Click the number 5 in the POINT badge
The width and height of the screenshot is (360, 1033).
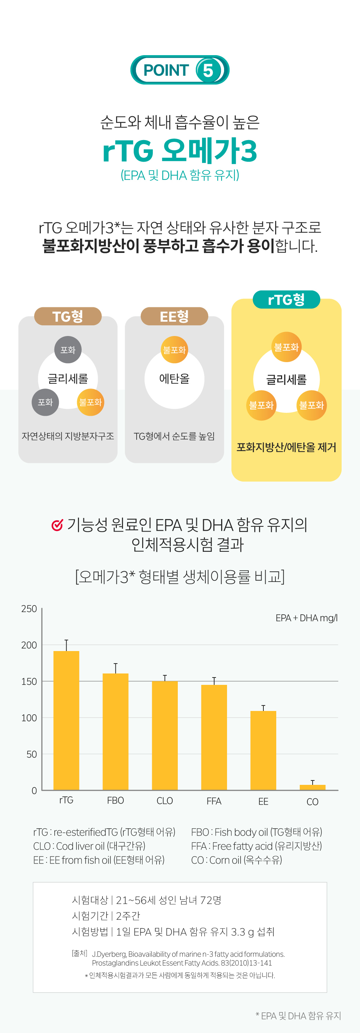click(208, 71)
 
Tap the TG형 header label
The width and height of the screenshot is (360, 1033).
click(68, 317)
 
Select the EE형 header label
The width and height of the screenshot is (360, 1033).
click(174, 317)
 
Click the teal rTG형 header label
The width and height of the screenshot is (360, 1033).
click(286, 300)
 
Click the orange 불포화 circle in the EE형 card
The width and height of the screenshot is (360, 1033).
click(174, 350)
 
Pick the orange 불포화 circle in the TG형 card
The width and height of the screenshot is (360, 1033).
click(91, 402)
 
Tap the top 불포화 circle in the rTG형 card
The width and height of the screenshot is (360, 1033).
click(286, 347)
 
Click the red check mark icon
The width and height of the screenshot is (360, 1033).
click(57, 525)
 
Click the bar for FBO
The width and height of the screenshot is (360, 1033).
click(115, 732)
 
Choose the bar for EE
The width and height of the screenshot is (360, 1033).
click(263, 750)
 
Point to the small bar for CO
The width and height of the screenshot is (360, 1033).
click(312, 787)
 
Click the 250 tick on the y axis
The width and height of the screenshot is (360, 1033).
click(29, 609)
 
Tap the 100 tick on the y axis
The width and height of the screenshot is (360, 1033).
click(29, 718)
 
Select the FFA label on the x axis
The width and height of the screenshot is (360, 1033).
click(214, 801)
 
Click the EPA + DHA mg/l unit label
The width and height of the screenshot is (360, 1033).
click(306, 618)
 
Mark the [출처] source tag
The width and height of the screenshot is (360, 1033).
click(79, 953)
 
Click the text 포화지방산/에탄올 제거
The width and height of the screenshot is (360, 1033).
click(286, 447)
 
